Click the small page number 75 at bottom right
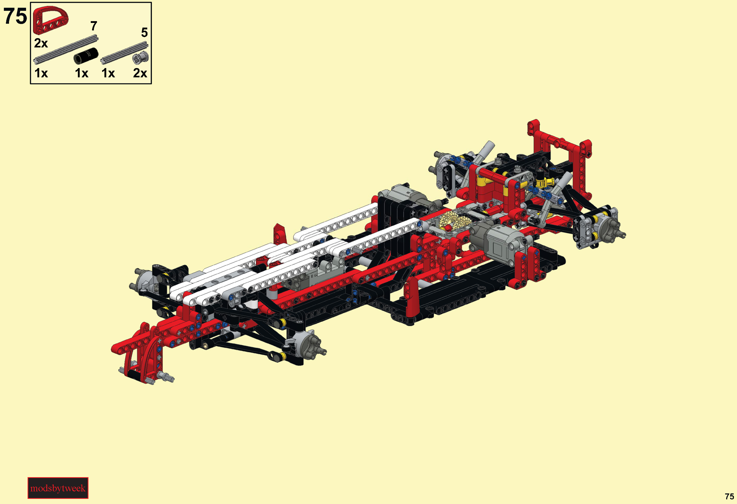click(729, 496)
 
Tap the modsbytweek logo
click(58, 488)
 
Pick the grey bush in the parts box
click(141, 58)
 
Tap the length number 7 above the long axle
click(94, 26)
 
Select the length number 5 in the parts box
click(144, 32)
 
